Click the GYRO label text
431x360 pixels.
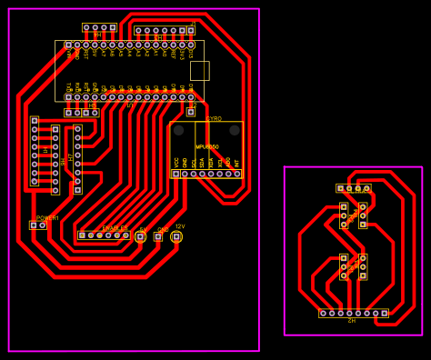pyautogui.click(x=214, y=119)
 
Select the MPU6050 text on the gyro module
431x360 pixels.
pyautogui.click(x=207, y=146)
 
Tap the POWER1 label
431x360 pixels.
pyautogui.click(x=48, y=218)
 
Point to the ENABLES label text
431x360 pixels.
pyautogui.click(x=115, y=228)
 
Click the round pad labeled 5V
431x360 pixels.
pyautogui.click(x=140, y=236)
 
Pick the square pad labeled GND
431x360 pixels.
pyautogui.click(x=158, y=236)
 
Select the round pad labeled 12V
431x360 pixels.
pyautogui.click(x=176, y=236)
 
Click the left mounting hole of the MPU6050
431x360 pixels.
pyautogui.click(x=178, y=131)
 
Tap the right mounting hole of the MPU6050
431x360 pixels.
pyautogui.click(x=235, y=131)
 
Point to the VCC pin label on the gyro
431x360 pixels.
pyautogui.click(x=176, y=162)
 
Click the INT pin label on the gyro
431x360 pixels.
pyautogui.click(x=237, y=162)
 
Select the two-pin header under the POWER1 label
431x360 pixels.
pyautogui.click(x=37, y=225)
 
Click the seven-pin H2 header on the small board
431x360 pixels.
pyautogui.click(x=354, y=314)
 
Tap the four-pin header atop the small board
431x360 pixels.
pyautogui.click(x=354, y=188)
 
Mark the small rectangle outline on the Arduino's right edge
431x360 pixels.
pyautogui.click(x=199, y=71)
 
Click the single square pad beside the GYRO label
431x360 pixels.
pyautogui.click(x=191, y=112)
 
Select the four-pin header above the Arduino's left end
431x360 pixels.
pyautogui.click(x=99, y=28)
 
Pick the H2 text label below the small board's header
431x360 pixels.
pyautogui.click(x=352, y=321)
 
